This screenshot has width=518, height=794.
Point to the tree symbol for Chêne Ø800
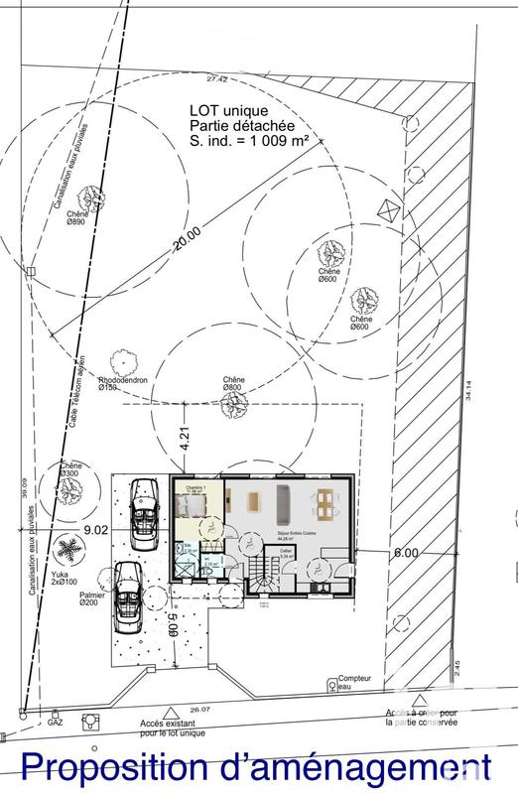coord(234,403)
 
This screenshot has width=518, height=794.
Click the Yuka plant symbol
coord(66,548)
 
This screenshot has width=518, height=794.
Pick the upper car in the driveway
coord(145,508)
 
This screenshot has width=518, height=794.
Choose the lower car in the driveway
coord(126,595)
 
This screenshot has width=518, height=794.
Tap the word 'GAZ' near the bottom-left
coord(55,725)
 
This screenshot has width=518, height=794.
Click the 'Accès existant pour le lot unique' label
coord(172,728)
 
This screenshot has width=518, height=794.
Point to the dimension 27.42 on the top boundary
coord(217,78)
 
